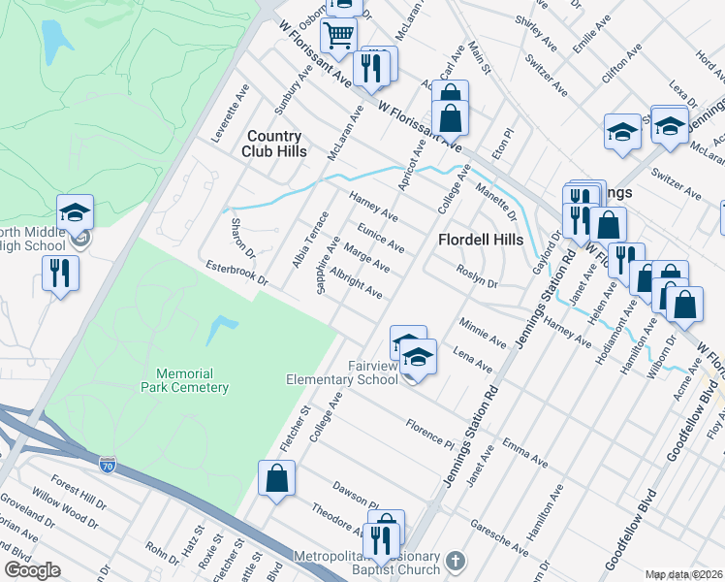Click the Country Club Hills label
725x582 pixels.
click(275, 144)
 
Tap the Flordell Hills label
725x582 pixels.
click(480, 240)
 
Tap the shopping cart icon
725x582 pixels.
click(339, 37)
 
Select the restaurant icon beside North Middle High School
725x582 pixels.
click(61, 274)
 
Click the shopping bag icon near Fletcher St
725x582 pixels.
click(276, 478)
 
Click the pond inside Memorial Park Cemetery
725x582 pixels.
click(222, 330)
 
